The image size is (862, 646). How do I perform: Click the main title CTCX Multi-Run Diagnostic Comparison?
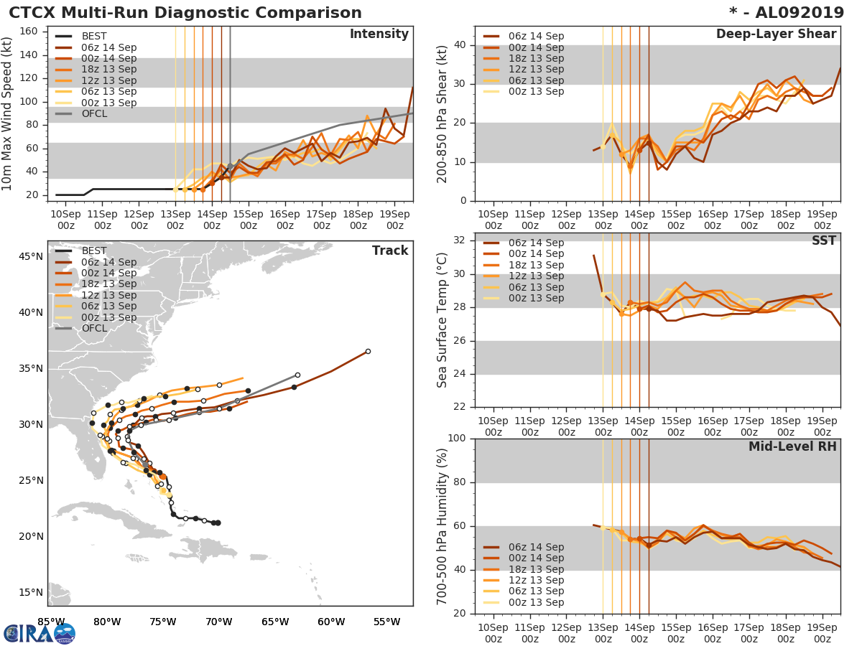(185, 13)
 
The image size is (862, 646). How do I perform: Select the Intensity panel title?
(379, 34)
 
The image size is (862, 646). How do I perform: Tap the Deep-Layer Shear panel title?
(776, 34)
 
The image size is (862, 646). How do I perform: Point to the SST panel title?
(823, 241)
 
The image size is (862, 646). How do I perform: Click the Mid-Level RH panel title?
(792, 447)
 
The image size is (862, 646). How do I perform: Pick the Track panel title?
(390, 251)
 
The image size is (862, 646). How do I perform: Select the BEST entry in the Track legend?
(94, 251)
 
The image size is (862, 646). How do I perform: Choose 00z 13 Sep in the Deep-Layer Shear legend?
(537, 91)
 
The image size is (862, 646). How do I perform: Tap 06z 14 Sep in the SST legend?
(537, 243)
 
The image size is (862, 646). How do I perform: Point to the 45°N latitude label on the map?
(30, 256)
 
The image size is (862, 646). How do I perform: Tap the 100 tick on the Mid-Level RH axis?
(455, 439)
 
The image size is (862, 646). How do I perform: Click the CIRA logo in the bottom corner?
(40, 633)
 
